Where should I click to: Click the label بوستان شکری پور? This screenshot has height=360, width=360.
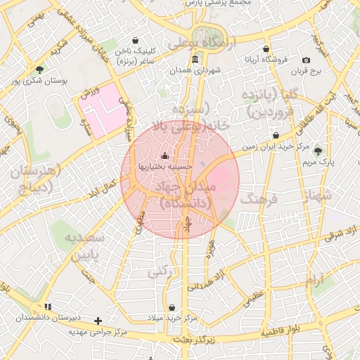39,82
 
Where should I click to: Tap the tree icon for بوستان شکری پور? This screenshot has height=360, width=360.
39,70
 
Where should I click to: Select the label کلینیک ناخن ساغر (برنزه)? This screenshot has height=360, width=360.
134,56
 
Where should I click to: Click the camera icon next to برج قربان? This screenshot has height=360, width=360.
306,60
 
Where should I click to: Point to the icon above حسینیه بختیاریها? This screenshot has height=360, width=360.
165,155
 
